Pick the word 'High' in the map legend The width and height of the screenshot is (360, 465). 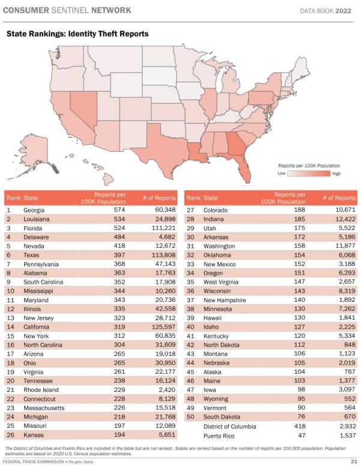click(x=336, y=173)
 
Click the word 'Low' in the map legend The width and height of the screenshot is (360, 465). click(x=281, y=173)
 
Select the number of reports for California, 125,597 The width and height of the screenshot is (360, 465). click(x=162, y=327)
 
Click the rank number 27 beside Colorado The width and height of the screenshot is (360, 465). click(x=190, y=210)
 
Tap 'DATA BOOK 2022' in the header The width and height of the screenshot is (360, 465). click(x=326, y=10)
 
